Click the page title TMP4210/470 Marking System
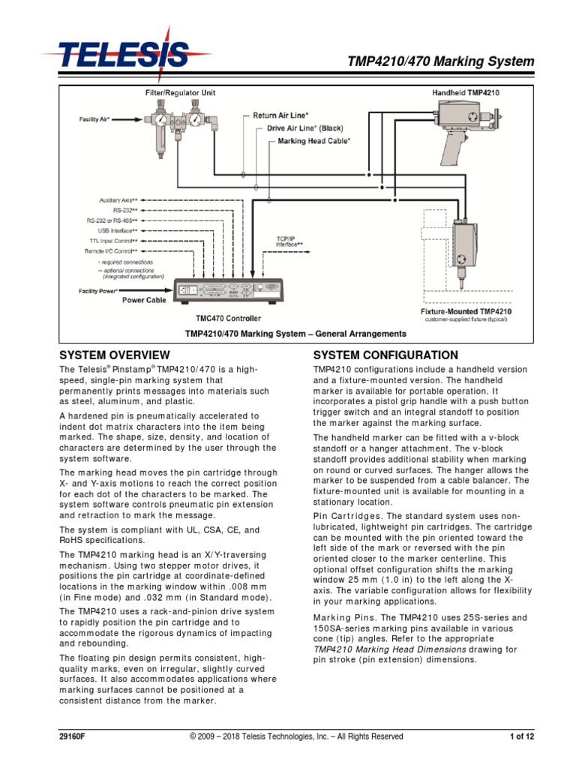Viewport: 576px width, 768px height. pos(440,61)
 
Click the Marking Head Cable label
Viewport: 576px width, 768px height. pos(313,140)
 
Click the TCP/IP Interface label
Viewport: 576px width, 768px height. pos(289,241)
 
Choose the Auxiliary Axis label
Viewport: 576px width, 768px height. pos(118,200)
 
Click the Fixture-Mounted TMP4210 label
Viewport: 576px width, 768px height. pos(466,310)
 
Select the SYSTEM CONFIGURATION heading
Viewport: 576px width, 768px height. pos(385,355)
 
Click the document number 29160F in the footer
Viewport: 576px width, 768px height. pos(73,736)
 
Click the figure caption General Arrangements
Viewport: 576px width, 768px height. pos(295,334)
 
